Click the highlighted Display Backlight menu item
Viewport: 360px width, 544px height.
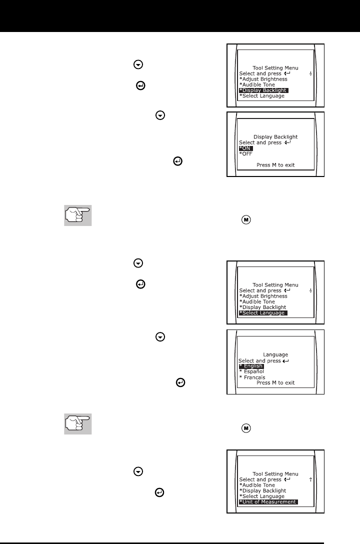tap(263, 90)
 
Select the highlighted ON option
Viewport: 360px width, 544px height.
tap(245, 148)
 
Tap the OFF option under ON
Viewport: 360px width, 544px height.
tap(246, 154)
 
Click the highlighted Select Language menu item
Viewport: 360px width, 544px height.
tap(263, 313)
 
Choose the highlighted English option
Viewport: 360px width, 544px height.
tap(251, 366)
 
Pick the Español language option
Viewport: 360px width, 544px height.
tap(251, 371)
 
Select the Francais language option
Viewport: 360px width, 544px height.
tap(252, 377)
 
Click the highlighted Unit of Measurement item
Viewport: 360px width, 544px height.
tap(268, 502)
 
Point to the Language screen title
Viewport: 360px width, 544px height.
tap(275, 354)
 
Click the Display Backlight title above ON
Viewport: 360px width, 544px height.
tap(275, 136)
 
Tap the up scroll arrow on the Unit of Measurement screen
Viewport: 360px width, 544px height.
tap(310, 479)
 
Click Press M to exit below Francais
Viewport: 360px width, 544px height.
tap(275, 382)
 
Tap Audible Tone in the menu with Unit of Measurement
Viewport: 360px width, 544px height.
tap(257, 485)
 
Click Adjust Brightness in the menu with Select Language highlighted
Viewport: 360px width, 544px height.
tap(263, 296)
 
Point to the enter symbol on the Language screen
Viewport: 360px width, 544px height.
tap(285, 360)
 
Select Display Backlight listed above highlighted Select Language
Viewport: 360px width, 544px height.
tap(263, 307)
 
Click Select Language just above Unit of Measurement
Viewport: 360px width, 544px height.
tap(262, 496)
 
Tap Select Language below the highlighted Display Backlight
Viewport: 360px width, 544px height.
tap(262, 95)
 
